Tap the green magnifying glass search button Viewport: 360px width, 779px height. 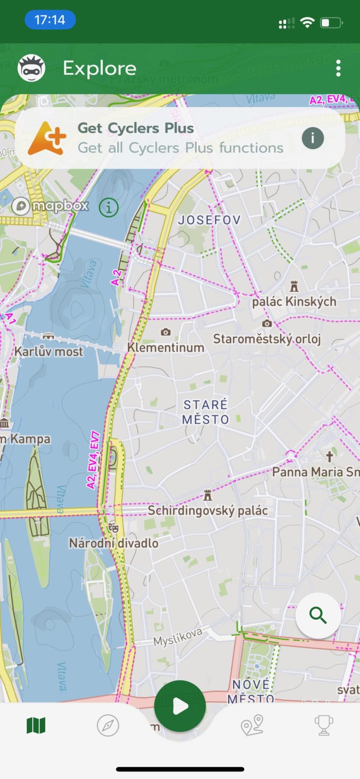(318, 615)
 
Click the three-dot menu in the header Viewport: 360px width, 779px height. (338, 68)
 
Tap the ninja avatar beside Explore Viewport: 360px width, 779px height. (31, 68)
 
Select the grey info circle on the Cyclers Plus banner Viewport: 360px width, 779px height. (313, 137)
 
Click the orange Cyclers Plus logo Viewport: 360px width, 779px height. (47, 138)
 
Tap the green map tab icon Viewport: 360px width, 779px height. (36, 725)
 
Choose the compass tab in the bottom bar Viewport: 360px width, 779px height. (108, 726)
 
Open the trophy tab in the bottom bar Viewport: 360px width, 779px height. (324, 725)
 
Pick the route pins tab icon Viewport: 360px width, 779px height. (252, 725)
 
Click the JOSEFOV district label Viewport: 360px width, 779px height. (209, 220)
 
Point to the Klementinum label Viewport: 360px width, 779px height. (166, 347)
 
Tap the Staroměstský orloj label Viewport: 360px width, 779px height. (267, 338)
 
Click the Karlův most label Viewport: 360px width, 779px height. (49, 351)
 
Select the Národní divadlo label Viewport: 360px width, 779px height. (114, 543)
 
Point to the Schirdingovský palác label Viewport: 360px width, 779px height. (207, 510)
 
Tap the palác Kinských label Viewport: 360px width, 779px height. (294, 301)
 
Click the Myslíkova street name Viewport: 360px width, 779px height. (178, 636)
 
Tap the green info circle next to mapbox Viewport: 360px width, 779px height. (109, 207)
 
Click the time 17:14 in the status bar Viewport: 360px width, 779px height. (50, 20)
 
